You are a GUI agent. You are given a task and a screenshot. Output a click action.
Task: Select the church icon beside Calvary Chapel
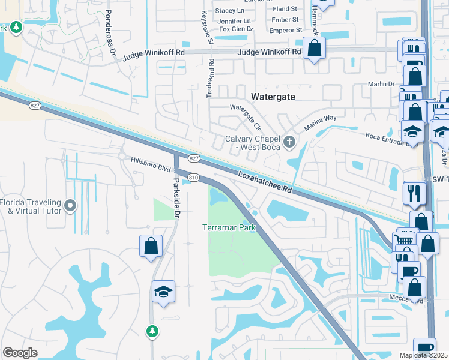pos(290,142)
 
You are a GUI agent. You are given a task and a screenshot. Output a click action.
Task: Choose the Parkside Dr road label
pos(176,197)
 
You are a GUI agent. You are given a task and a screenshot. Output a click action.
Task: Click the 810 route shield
pos(193,178)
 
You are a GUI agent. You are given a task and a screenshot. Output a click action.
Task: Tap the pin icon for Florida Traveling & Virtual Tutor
pos(70,206)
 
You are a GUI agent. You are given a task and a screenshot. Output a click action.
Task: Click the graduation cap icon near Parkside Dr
pos(163,292)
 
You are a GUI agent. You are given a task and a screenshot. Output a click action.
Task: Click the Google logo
pos(20,352)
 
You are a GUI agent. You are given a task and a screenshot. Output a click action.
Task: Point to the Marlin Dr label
pos(382,84)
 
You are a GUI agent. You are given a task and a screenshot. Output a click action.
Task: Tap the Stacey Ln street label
pos(230,11)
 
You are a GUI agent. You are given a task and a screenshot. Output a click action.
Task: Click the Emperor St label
pos(284,29)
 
